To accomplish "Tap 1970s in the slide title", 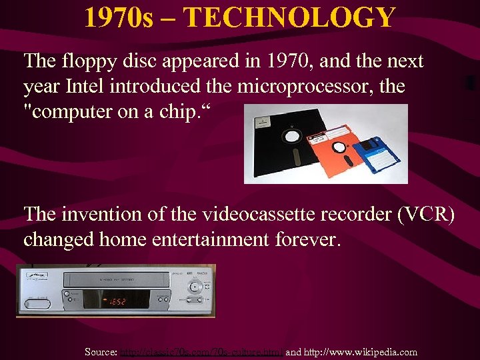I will click(x=117, y=17).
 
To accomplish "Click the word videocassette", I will click(x=236, y=214).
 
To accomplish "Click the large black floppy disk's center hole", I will click(x=291, y=135).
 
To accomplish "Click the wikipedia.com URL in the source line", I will click(x=361, y=351).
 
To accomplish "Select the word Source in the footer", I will click(x=100, y=351).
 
